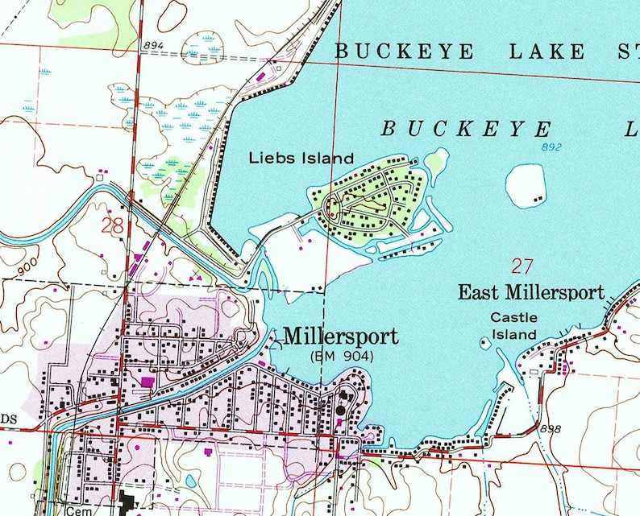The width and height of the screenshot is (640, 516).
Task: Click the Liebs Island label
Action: point(301,158)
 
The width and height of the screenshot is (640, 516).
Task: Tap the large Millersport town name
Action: point(341,336)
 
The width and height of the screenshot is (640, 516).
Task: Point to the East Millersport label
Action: point(530,292)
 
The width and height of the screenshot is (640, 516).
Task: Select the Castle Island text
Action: point(513,326)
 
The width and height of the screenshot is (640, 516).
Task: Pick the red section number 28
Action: point(113,225)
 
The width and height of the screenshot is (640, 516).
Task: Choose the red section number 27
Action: point(522,266)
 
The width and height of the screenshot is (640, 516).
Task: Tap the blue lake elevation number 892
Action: point(551,147)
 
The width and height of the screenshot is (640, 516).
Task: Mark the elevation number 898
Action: point(551,428)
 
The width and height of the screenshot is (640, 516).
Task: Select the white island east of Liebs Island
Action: point(528,183)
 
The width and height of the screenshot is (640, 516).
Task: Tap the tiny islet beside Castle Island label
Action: point(484,343)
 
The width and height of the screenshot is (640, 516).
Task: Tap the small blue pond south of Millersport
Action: point(190,481)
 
